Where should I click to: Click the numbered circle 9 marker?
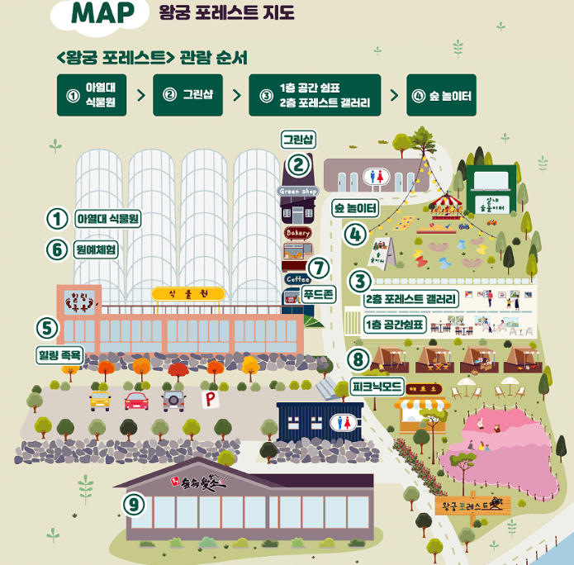tap(134, 504)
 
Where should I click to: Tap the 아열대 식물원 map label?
tap(107, 219)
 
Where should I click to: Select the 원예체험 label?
tap(96, 249)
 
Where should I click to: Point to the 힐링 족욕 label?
tap(60, 355)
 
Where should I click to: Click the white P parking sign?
tap(209, 399)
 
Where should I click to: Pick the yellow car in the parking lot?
tap(100, 401)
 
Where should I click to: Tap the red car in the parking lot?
tap(136, 401)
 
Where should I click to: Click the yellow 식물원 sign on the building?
tap(178, 293)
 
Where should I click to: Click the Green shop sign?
tap(298, 192)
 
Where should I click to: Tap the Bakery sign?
tap(297, 233)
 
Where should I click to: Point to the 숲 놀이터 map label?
tap(355, 207)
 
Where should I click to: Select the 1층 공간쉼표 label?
tap(395, 325)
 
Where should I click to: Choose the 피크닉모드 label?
tap(377, 386)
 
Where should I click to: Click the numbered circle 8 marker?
tap(358, 360)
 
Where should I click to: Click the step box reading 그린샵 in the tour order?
tap(187, 95)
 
